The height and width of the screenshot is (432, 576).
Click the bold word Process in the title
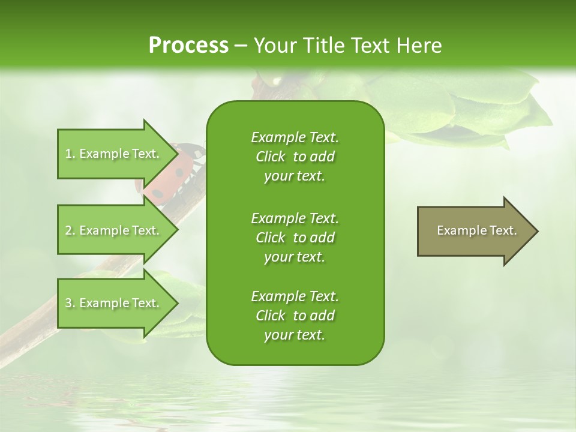(188, 46)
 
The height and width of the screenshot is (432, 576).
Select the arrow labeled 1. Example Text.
(114, 154)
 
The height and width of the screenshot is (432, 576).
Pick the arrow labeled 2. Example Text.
(114, 230)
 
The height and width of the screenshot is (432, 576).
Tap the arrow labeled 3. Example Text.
(114, 303)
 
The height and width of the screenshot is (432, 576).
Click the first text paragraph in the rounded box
(295, 157)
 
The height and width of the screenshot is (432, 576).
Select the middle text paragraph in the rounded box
(295, 237)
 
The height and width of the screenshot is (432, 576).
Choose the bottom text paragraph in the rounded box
(295, 316)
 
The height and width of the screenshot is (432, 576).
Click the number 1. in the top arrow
(70, 154)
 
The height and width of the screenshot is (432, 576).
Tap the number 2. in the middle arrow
(70, 230)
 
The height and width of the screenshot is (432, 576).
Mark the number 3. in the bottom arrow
(70, 303)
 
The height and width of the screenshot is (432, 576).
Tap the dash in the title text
(241, 46)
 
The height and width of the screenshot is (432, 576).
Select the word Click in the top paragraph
(271, 157)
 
